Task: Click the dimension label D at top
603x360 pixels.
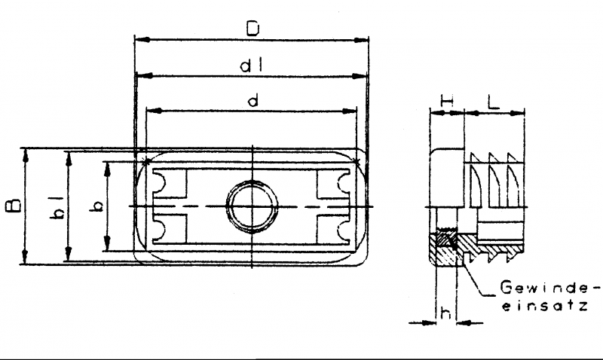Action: (x=253, y=28)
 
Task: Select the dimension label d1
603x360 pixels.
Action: (x=252, y=66)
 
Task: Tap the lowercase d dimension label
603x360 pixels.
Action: (x=253, y=101)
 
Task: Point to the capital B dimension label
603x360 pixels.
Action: (x=14, y=206)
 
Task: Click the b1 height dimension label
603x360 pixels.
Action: (x=57, y=207)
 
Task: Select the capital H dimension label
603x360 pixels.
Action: (x=447, y=102)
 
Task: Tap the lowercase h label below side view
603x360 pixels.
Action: (x=445, y=313)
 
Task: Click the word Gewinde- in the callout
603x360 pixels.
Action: (x=550, y=288)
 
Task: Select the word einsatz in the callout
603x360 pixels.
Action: (x=545, y=306)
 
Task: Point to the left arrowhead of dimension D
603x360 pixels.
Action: (x=142, y=40)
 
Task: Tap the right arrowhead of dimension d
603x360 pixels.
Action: (x=349, y=111)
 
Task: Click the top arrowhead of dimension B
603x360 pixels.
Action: (x=26, y=156)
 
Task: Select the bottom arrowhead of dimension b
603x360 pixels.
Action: (x=107, y=243)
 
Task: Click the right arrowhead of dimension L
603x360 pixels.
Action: (x=517, y=113)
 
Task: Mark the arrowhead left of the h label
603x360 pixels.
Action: (x=429, y=323)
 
